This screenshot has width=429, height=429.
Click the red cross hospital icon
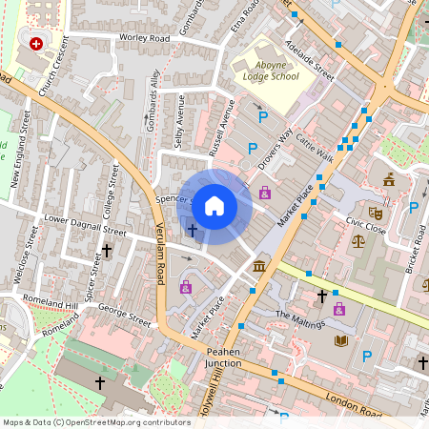point(37,44)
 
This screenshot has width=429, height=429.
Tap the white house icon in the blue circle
point(214,205)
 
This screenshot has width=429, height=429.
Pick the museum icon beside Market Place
point(259,263)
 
